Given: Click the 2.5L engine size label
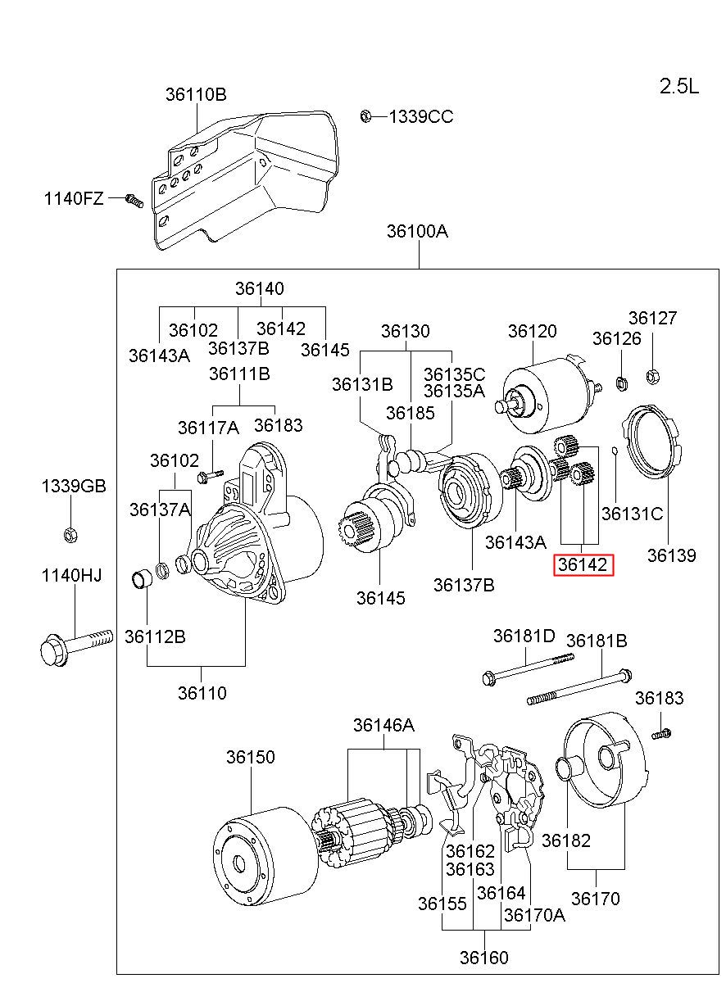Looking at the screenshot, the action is coord(678,86).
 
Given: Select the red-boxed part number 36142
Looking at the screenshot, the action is coord(583,564).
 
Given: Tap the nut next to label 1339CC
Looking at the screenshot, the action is coord(365,116).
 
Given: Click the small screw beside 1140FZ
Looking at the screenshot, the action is coord(134,200).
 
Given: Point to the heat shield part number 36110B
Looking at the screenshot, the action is coord(196,94).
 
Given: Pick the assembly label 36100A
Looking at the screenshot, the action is coord(417,231).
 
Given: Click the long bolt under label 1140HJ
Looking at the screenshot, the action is coord(76,648).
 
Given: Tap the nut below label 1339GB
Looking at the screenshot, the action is coord(70,536).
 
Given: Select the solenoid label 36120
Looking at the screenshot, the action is coord(532,331).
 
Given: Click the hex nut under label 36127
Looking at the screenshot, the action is coord(652,377).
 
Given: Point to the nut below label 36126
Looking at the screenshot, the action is coord(621,383).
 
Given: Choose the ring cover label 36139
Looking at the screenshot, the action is coord(672,555).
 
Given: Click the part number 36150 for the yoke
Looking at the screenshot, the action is coord(250,757).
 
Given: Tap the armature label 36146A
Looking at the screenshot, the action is coord(383,725).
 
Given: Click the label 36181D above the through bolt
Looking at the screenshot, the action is coord(524,636).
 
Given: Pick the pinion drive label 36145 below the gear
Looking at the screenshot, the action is coord(380,598).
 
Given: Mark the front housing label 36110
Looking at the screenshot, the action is coord(202,693).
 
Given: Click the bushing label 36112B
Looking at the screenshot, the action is coord(155,636).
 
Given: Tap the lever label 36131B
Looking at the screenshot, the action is coord(362,384).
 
